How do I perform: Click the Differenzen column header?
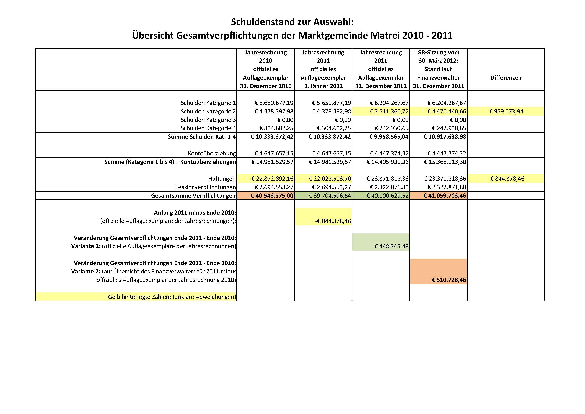click(x=506, y=78)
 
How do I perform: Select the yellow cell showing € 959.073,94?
click(x=506, y=111)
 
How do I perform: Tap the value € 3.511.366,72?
click(x=389, y=111)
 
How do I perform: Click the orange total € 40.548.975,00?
click(x=272, y=196)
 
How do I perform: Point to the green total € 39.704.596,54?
click(x=330, y=196)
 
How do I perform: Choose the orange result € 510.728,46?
click(x=449, y=280)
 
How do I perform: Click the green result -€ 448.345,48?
click(x=390, y=246)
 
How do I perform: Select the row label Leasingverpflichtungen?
click(x=205, y=187)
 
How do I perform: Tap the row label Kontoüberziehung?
click(x=212, y=153)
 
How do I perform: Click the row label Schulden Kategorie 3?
click(x=208, y=120)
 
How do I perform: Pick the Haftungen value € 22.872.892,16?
click(x=272, y=179)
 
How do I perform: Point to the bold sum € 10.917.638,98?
click(x=445, y=137)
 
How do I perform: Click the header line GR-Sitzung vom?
click(x=438, y=52)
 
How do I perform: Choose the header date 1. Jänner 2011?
click(x=323, y=86)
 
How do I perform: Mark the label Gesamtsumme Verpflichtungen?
click(x=193, y=196)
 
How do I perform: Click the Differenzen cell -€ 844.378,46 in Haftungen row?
click(x=506, y=179)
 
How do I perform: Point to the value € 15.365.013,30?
click(x=445, y=162)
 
